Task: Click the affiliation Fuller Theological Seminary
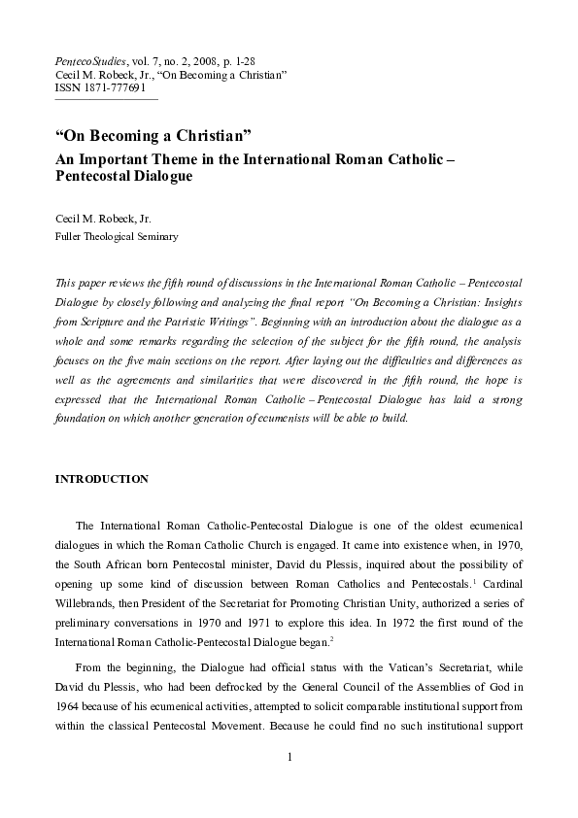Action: click(x=116, y=236)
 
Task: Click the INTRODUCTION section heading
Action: click(x=101, y=479)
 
